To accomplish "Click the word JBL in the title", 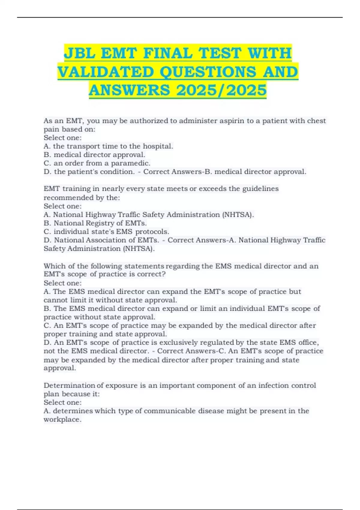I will (x=80, y=53).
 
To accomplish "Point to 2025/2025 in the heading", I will (x=221, y=90).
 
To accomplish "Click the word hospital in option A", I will (x=157, y=146).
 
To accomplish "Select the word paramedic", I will (x=130, y=163).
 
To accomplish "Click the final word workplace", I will (x=62, y=419).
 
